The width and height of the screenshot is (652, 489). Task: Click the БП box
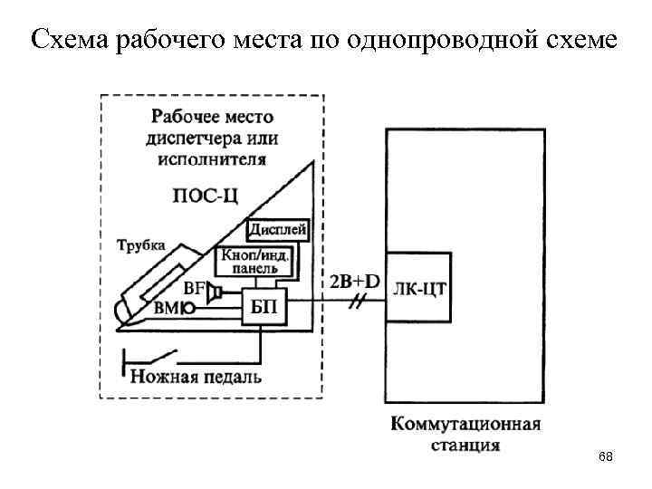click(264, 309)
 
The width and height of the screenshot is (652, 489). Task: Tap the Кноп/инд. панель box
click(254, 263)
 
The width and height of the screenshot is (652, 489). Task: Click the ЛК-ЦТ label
click(422, 289)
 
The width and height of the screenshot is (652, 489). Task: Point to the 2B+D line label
click(354, 281)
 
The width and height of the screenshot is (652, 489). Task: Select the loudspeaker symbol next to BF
click(215, 292)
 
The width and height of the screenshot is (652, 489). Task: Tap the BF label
click(194, 289)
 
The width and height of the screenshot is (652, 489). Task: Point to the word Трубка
click(140, 244)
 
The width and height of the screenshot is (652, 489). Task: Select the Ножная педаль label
click(196, 375)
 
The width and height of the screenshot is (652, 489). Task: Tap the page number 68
click(606, 457)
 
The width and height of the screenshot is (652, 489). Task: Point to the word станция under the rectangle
click(465, 445)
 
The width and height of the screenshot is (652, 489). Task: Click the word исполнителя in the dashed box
click(212, 159)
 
